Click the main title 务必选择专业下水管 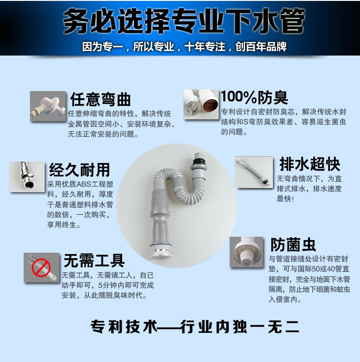184,21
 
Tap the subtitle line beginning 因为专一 185,47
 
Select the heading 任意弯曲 101,100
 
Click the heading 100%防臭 254,97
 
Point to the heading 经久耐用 79,170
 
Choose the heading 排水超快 310,164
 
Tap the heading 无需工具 94,260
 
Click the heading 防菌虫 293,245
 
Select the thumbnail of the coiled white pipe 48,106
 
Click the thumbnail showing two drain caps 201,104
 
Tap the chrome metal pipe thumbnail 27,177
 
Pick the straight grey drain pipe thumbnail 254,172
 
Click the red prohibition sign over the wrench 41,268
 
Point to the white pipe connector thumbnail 247,252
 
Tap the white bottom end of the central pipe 161,254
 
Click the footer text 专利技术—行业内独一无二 195,326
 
